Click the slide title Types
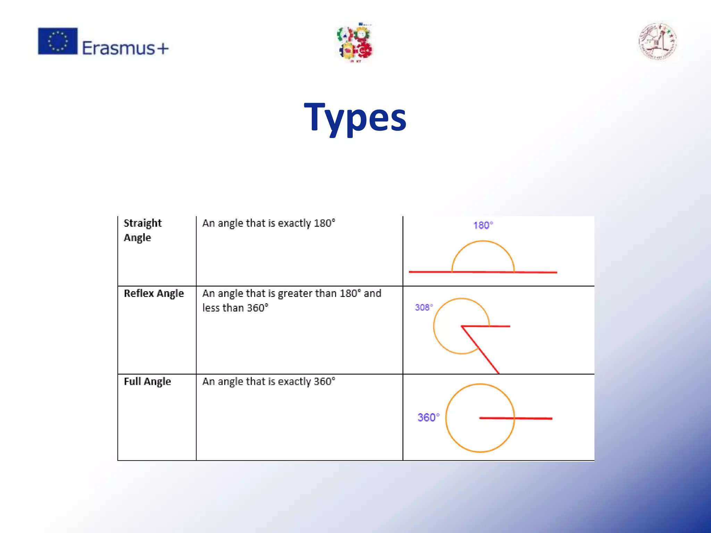(x=355, y=118)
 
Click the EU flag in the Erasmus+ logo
(x=58, y=41)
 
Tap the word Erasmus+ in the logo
(x=125, y=48)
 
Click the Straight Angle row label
(x=142, y=230)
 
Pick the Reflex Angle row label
(x=154, y=294)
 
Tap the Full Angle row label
(x=147, y=381)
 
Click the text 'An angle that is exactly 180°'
(x=268, y=223)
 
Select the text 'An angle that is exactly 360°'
(x=268, y=381)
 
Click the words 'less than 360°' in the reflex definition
(x=235, y=308)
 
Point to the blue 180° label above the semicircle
(x=483, y=225)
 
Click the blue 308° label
(x=424, y=307)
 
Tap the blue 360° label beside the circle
(x=428, y=417)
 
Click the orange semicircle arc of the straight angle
(x=483, y=242)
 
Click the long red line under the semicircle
(x=430, y=272)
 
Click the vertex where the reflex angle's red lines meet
(x=462, y=326)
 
